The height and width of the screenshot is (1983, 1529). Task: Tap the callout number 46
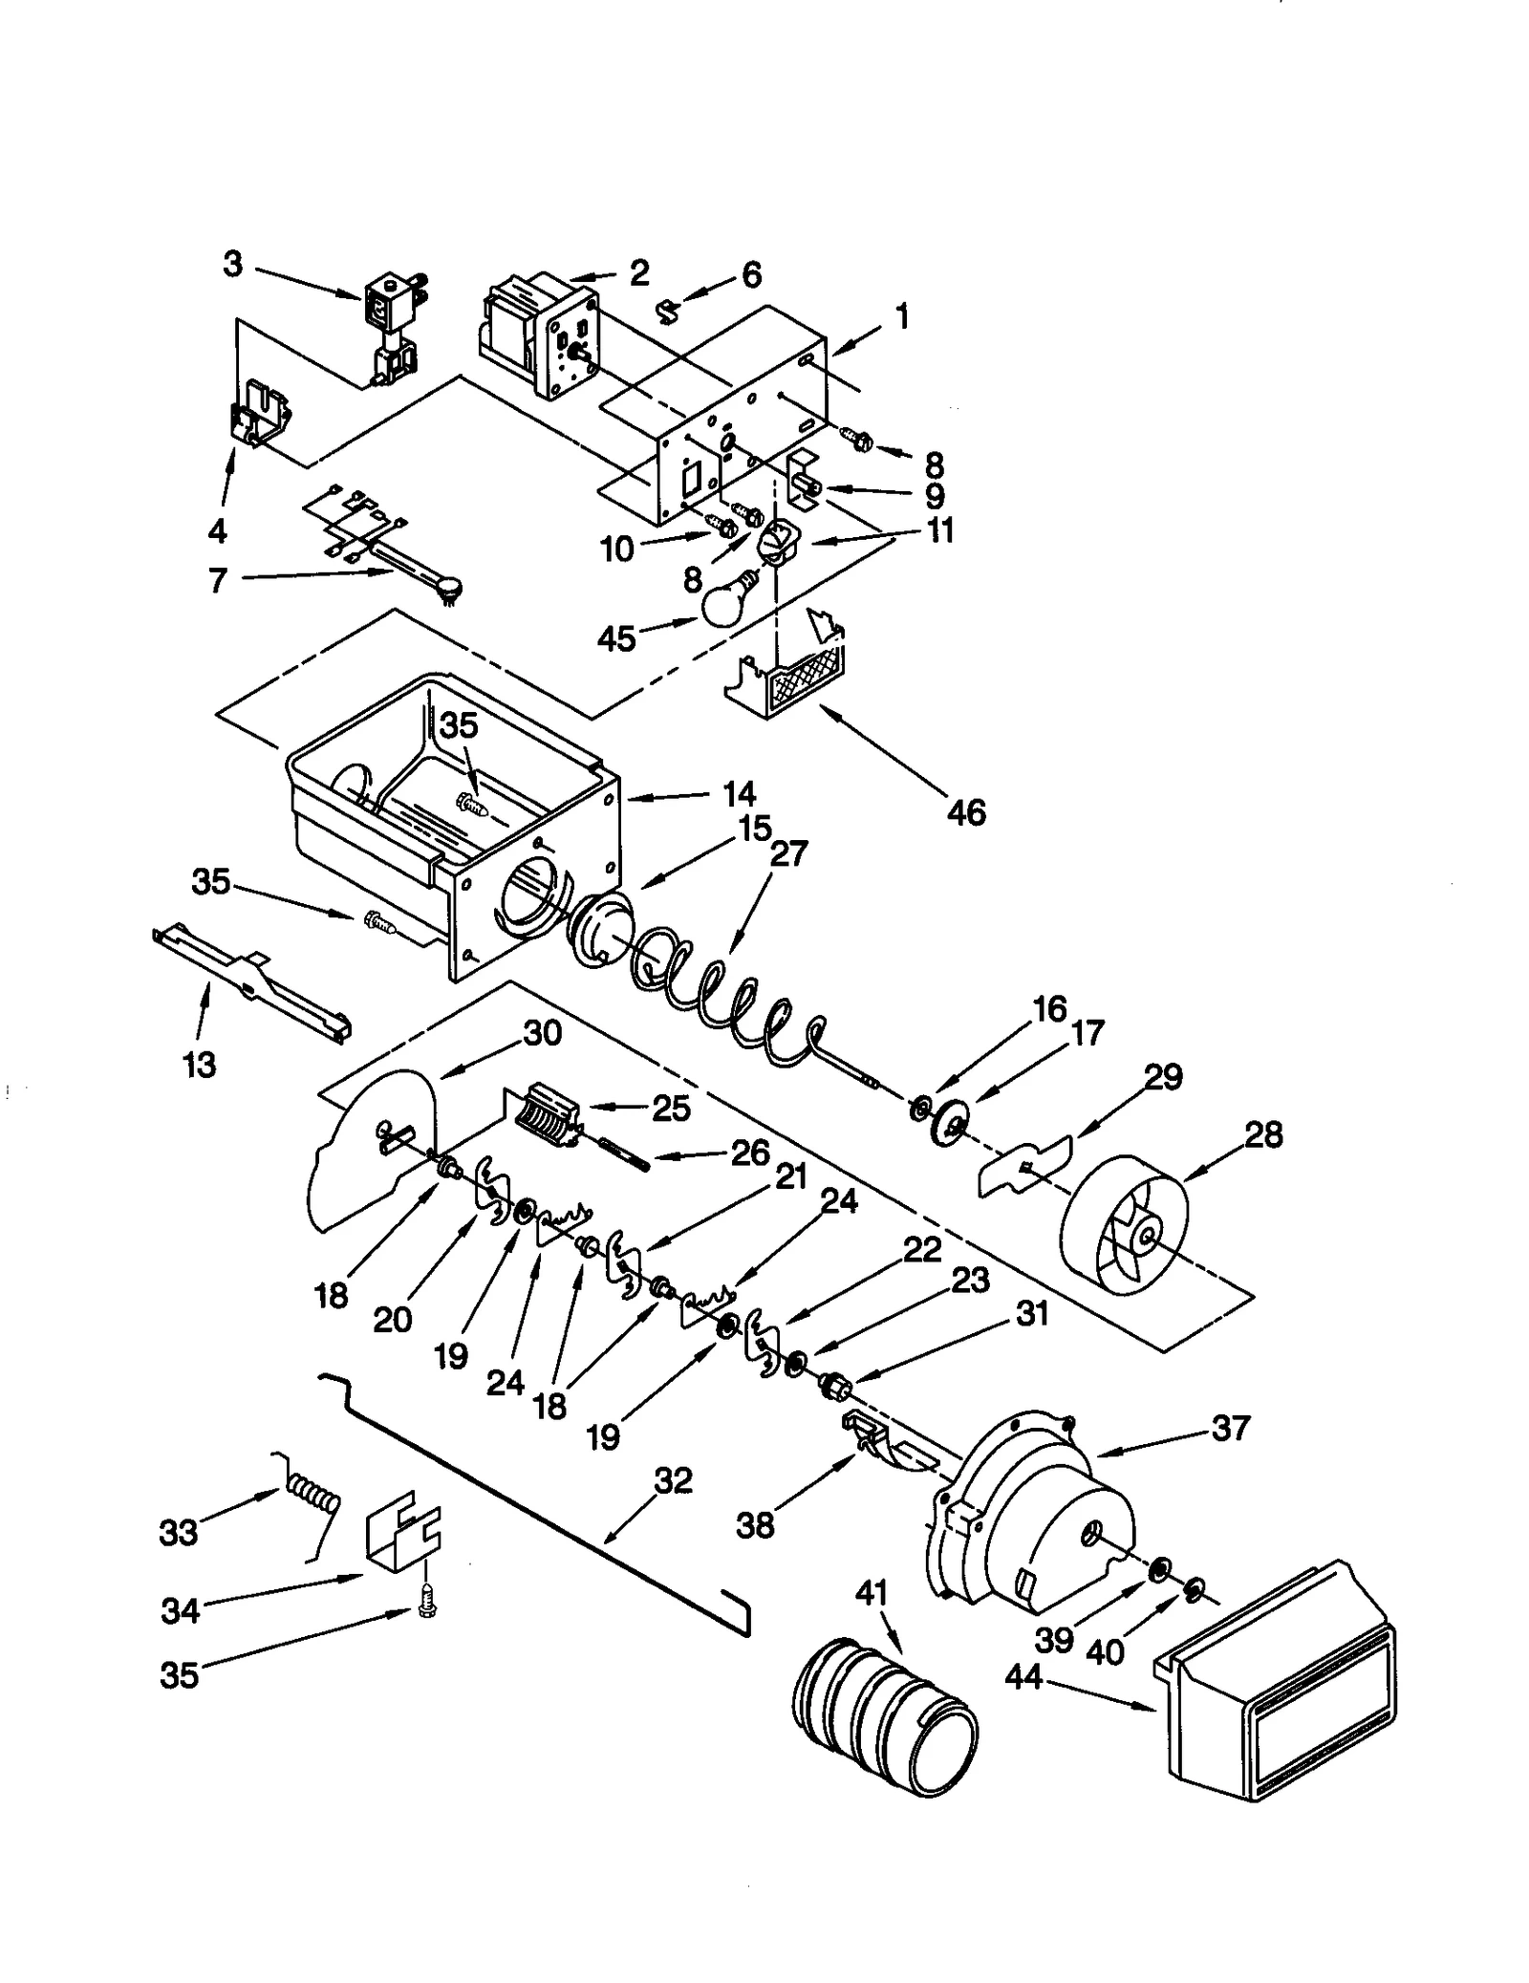click(x=965, y=812)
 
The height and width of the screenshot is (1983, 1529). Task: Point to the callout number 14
click(x=739, y=794)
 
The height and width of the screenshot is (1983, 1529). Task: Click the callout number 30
click(x=542, y=1033)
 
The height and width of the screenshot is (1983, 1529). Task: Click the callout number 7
click(x=218, y=579)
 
